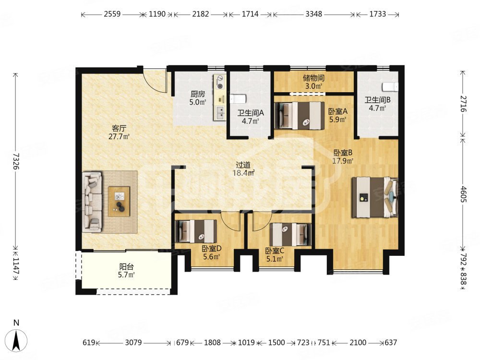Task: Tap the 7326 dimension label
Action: [x=16, y=161]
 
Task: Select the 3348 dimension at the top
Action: [x=314, y=14]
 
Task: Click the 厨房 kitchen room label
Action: [x=197, y=94]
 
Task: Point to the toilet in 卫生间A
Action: [x=238, y=99]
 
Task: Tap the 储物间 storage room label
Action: [x=313, y=78]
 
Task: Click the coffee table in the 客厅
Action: [x=119, y=202]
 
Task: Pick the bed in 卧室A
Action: [x=299, y=115]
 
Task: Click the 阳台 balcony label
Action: [x=126, y=266]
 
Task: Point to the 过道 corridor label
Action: [x=243, y=165]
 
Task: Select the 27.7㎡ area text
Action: [x=119, y=136]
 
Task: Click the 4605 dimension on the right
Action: [x=463, y=194]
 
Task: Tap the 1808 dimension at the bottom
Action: [x=212, y=342]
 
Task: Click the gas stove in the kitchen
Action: [x=220, y=83]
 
